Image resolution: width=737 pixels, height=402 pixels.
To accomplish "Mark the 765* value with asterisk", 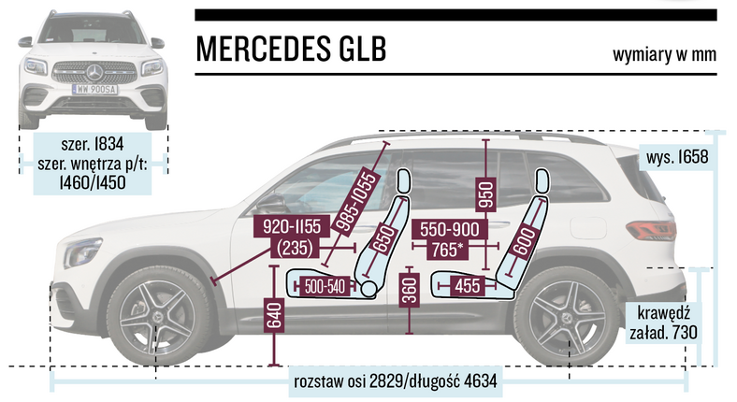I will (x=451, y=249).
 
